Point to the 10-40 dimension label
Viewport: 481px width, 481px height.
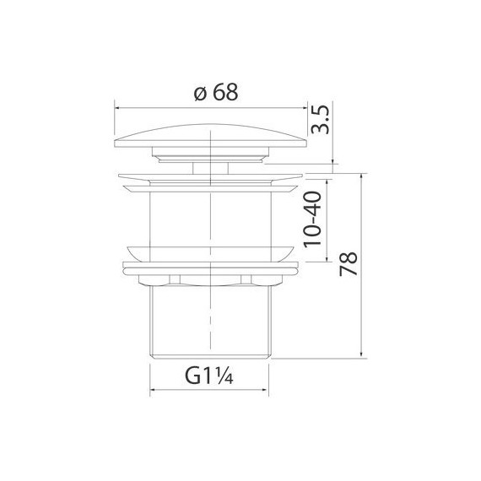click(312, 218)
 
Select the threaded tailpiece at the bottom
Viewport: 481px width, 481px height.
click(209, 325)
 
